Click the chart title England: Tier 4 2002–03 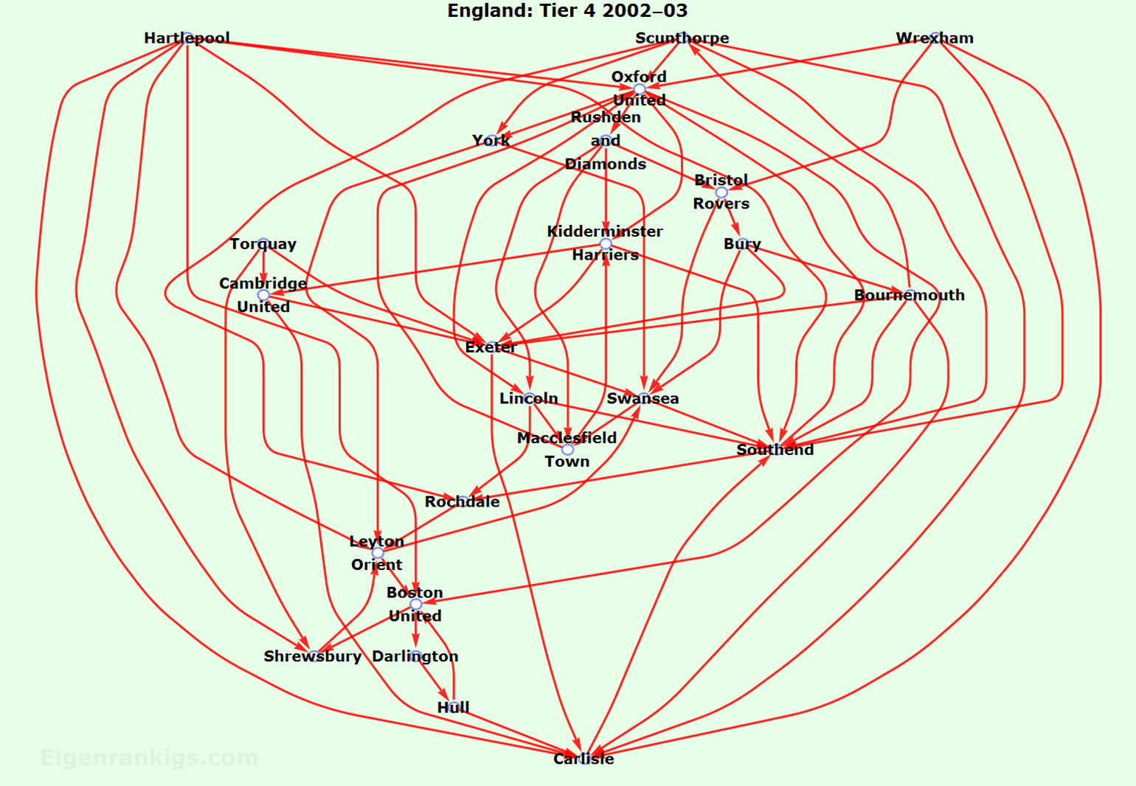click(567, 11)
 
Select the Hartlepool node click(187, 38)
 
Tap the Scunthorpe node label click(682, 38)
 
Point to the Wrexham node click(935, 38)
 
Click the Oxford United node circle click(640, 88)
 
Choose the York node click(491, 140)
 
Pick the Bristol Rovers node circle click(721, 192)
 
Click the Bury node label click(742, 243)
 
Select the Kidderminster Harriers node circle click(606, 243)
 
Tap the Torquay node click(263, 243)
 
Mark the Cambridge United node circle click(263, 295)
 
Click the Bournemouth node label click(910, 295)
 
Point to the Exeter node click(491, 347)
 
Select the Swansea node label click(643, 398)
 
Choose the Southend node click(775, 449)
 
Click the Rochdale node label click(462, 501)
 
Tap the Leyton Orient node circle click(378, 553)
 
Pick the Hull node click(453, 707)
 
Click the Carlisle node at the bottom click(583, 759)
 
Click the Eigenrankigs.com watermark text click(149, 757)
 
